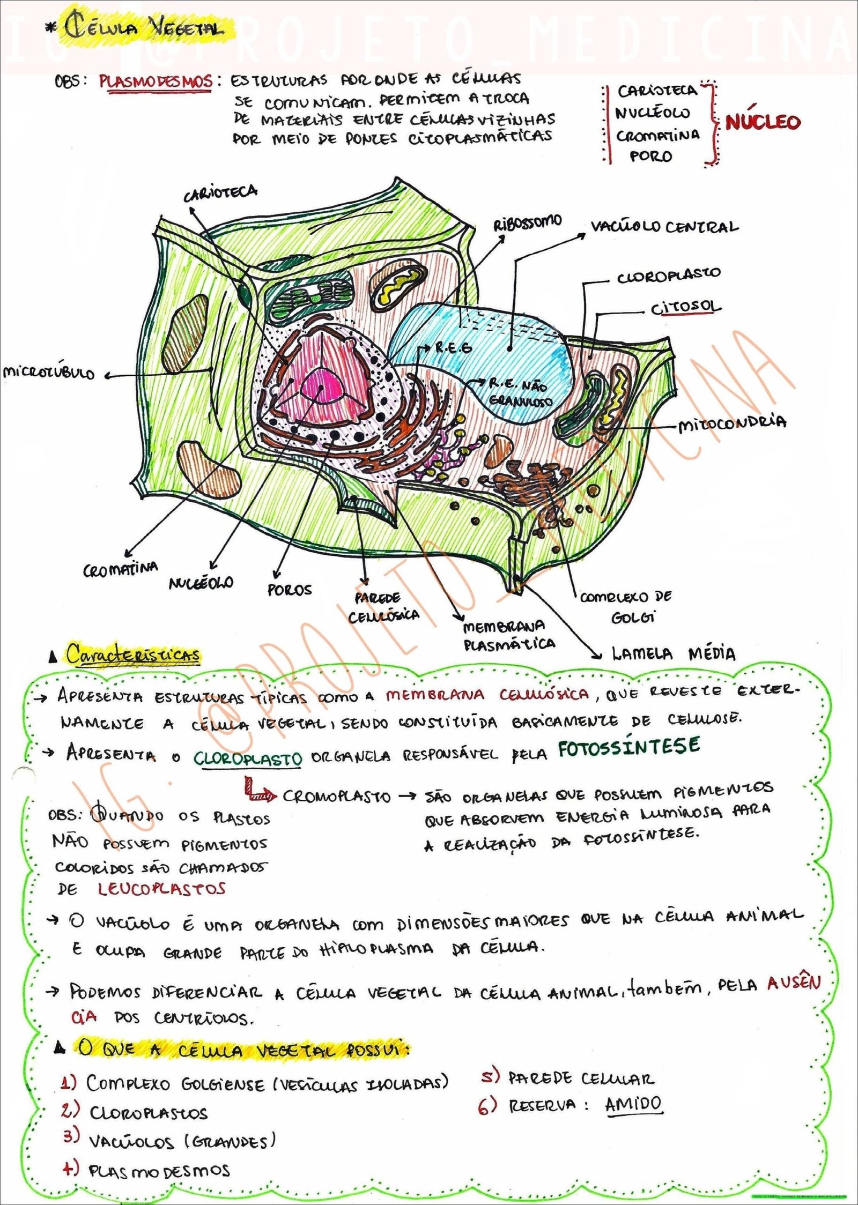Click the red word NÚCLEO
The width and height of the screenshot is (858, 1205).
[763, 122]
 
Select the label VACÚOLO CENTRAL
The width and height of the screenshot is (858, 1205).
[664, 227]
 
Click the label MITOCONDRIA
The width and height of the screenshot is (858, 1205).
[732, 423]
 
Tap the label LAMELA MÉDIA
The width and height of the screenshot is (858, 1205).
[674, 653]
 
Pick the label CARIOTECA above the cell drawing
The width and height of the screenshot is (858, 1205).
[220, 194]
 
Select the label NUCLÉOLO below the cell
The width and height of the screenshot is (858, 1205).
[201, 582]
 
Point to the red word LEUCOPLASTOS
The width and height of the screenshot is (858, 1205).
[161, 889]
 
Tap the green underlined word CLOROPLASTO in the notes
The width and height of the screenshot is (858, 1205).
[247, 758]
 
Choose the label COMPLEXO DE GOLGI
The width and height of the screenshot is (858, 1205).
[625, 606]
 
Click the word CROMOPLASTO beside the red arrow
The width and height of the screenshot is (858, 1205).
[336, 796]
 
